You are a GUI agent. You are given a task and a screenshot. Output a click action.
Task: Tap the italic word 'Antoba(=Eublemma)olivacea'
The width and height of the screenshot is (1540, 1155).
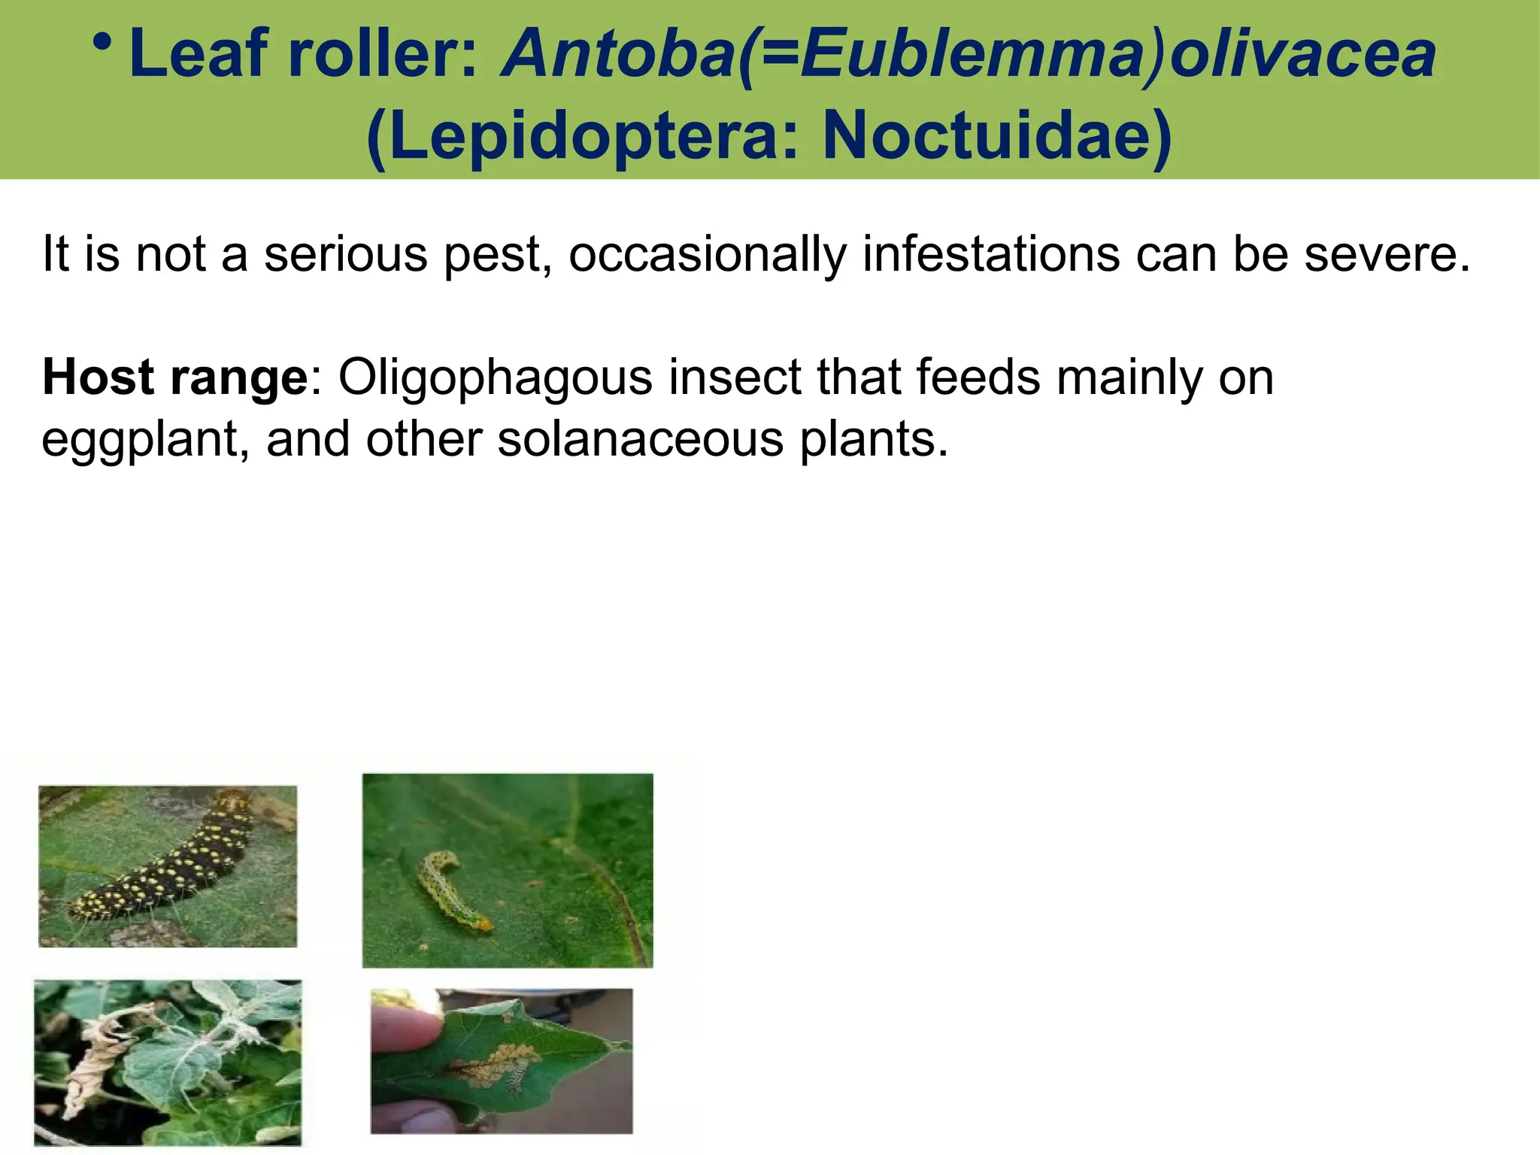[x=969, y=54]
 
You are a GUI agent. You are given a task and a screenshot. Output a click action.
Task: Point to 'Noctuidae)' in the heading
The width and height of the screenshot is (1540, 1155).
[x=998, y=136]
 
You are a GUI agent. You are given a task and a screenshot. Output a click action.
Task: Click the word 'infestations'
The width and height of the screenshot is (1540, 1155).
[x=991, y=254]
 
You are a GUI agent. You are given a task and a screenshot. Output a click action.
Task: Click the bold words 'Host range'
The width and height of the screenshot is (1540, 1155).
[x=174, y=377]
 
